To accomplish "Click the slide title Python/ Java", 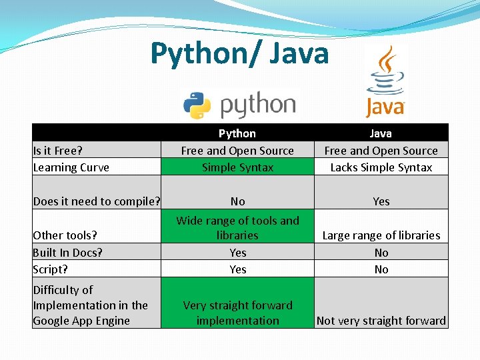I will tap(239, 53).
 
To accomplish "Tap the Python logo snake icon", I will tap(197, 105).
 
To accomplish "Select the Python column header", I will tap(237, 133).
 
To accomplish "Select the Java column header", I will tap(381, 133).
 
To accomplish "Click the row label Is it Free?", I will tap(57, 151).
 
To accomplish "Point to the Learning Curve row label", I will tap(71, 167).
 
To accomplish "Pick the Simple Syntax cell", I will tap(237, 167).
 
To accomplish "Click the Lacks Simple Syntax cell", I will tap(381, 167).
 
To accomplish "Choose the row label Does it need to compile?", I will tap(97, 201).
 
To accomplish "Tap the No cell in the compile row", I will tap(237, 201).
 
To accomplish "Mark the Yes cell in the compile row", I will tap(381, 201).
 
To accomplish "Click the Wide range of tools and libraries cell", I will tap(237, 227).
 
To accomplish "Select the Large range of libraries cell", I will tap(381, 235).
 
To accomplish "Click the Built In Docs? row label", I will tap(67, 252).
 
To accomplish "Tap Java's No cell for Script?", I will tap(381, 269).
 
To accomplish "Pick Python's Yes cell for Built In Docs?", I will tap(237, 253).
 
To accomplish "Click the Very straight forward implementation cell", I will tap(237, 313).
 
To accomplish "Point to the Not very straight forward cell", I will tap(381, 321).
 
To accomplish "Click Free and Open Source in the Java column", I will tap(381, 151).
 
